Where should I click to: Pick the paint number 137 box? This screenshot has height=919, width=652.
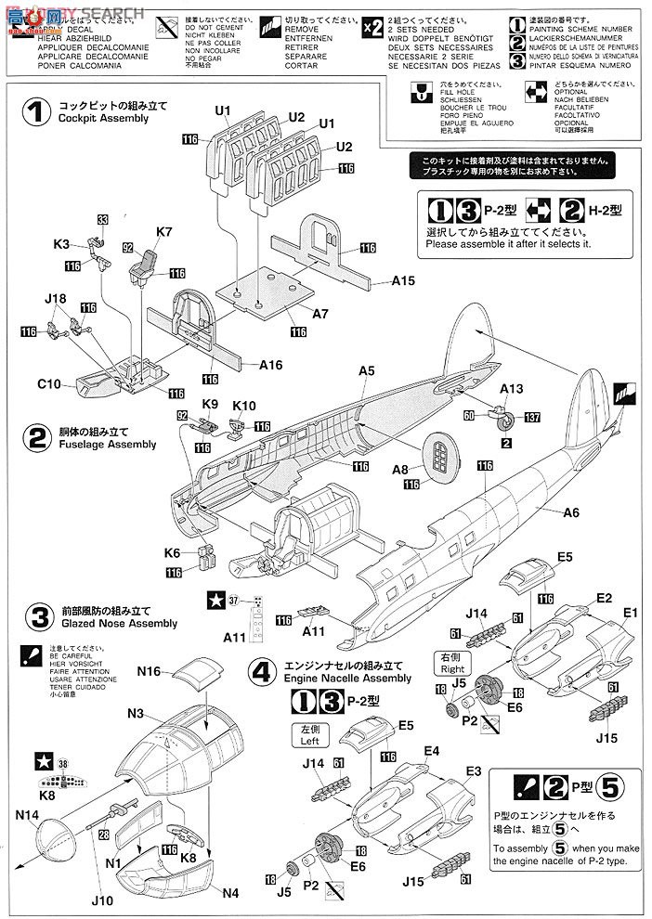[x=532, y=417]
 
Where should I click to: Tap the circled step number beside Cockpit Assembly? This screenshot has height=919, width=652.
[x=35, y=112]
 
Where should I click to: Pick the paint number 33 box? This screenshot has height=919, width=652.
[x=102, y=220]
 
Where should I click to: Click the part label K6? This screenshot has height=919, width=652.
[x=172, y=552]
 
